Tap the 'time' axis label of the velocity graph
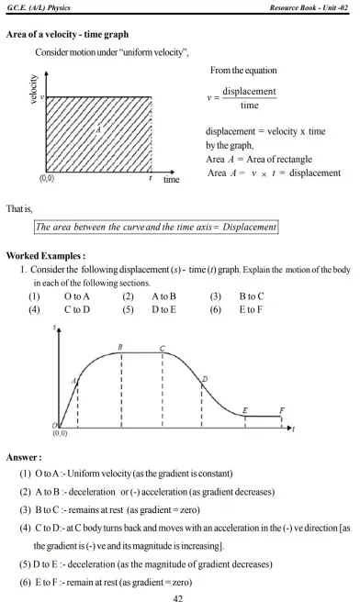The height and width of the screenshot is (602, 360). [x=172, y=180]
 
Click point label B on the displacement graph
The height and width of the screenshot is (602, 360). [x=120, y=346]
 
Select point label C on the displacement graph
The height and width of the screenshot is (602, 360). [x=162, y=349]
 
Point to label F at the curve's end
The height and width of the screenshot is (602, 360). [x=281, y=410]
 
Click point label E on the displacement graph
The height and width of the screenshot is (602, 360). [x=244, y=410]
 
